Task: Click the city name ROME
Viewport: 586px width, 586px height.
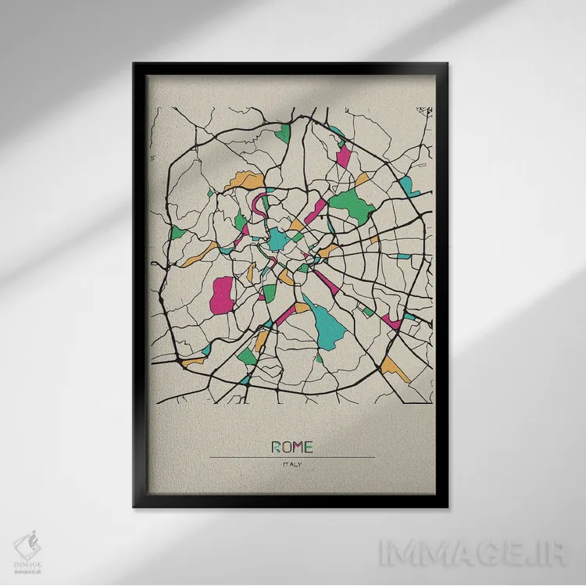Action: click(292, 447)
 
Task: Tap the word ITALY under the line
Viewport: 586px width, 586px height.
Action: click(292, 466)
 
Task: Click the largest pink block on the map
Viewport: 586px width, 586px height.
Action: click(223, 294)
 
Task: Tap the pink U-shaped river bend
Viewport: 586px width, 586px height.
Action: click(260, 207)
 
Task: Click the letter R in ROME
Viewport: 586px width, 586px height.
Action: click(276, 447)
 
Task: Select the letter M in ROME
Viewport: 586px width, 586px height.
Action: click(298, 447)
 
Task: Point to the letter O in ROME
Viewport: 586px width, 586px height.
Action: click(286, 447)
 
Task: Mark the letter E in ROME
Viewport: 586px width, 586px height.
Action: click(309, 447)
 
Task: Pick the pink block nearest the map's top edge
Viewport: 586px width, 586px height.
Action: click(343, 155)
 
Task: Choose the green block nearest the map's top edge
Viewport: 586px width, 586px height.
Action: click(282, 133)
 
